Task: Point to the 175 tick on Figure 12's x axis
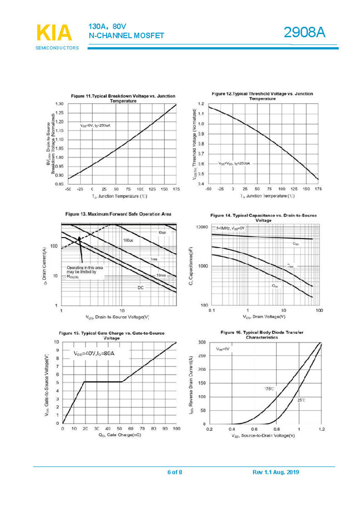coord(317,189)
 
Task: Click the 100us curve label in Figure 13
coord(128,240)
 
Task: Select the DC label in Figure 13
coord(141,288)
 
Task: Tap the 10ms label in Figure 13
coord(160,276)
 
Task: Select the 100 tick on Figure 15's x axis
coord(176,429)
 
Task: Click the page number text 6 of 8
coord(175,472)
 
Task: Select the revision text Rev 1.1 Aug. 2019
coord(276,472)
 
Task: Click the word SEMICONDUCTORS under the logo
coord(57,48)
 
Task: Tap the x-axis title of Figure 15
coord(120,435)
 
